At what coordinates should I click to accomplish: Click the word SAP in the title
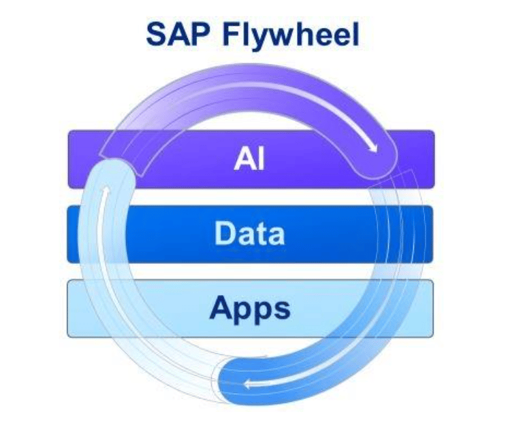(178, 35)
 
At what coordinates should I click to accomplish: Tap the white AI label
(249, 159)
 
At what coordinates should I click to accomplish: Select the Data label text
(249, 233)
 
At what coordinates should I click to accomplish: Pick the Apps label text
(249, 309)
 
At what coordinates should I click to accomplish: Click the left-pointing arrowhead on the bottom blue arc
(249, 385)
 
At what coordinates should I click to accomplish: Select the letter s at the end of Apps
(281, 309)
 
